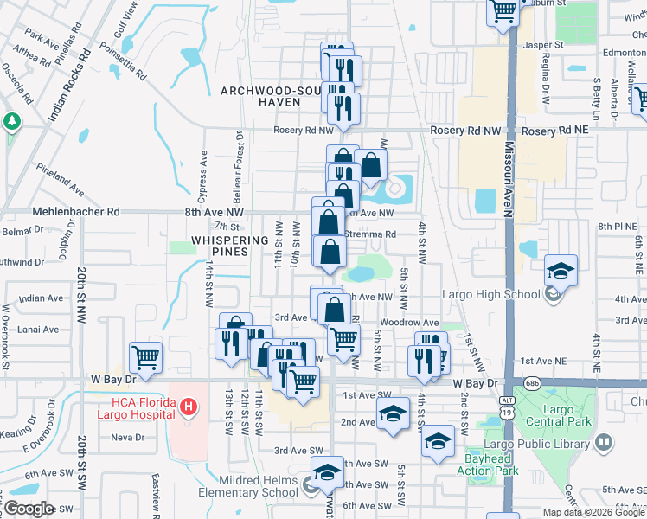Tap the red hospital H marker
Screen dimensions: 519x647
tap(186, 405)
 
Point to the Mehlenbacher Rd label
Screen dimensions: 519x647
tap(76, 211)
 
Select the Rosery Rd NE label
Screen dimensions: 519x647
tap(555, 130)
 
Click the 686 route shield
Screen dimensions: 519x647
tap(525, 381)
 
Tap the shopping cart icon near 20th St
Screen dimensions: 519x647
tap(145, 356)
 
